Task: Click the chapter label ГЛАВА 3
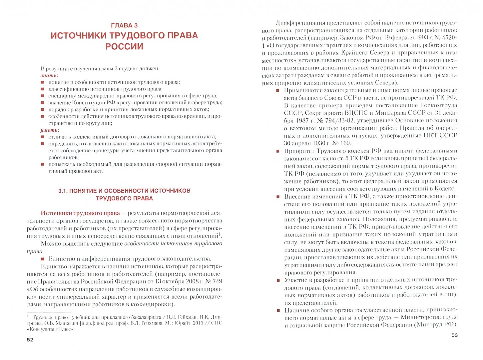[x=124, y=25]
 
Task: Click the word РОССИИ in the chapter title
[x=124, y=46]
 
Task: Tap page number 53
[x=454, y=335]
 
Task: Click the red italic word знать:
[x=49, y=75]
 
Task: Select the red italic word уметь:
[x=50, y=130]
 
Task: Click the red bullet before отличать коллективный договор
[x=42, y=137]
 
